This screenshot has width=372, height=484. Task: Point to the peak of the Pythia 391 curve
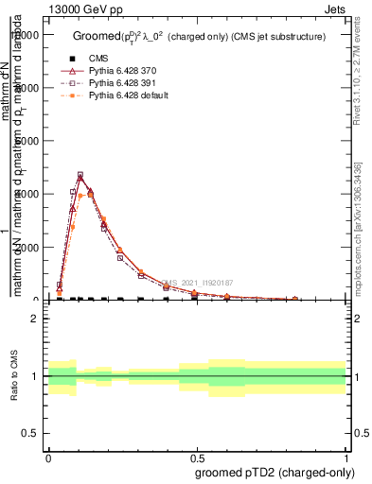pos(80,175)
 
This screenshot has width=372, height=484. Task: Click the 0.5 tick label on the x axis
pos(197,456)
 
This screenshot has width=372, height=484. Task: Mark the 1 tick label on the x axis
pos(345,456)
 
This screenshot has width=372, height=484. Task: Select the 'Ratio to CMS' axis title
pos(13,376)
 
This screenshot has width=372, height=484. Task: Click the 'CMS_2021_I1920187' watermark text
pos(197,283)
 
